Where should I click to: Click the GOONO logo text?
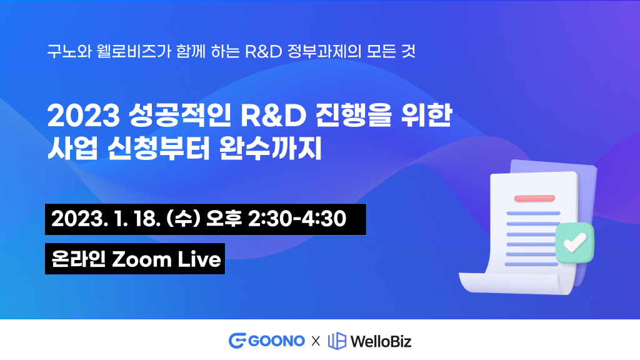276,341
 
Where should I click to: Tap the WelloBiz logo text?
381,341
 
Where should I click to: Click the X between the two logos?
316,341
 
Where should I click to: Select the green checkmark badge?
575,243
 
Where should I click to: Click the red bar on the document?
534,198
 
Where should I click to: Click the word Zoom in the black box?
142,259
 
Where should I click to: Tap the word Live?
199,259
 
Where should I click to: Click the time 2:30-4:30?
297,219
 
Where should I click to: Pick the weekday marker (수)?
183,219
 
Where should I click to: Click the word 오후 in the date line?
224,218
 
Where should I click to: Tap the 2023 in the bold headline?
84,116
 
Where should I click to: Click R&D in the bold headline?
273,116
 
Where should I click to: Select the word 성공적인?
179,115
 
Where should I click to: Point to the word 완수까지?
270,147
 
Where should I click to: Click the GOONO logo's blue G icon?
237,341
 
